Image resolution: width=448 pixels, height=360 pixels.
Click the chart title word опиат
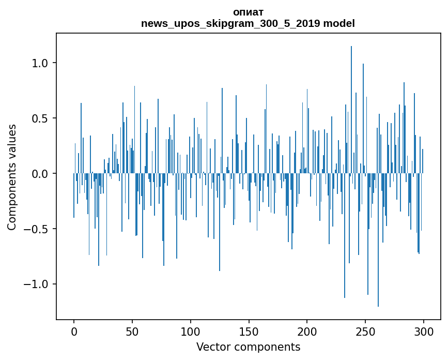coord(248,12)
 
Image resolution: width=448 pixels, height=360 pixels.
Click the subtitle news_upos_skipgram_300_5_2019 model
coord(248,23)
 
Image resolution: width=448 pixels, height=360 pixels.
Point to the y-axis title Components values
coord(12,177)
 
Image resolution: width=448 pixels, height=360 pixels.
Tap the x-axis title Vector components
coord(248,347)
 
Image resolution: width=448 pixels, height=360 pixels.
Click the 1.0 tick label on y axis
coord(40,63)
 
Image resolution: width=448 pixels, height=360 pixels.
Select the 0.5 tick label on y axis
coord(40,118)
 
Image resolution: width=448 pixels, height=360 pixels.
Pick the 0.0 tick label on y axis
coord(40,174)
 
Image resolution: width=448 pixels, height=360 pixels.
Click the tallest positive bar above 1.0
coord(351,103)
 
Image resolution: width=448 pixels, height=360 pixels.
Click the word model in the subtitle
coord(343,23)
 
